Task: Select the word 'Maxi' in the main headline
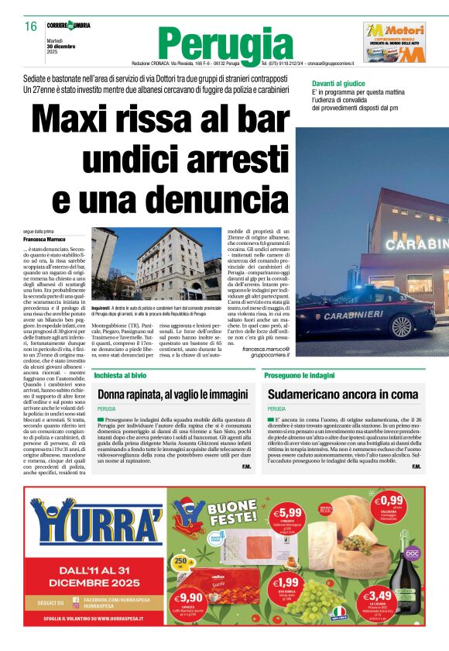(x=83, y=121)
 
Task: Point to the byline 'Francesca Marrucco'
(x=45, y=239)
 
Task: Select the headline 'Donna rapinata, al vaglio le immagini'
(x=172, y=394)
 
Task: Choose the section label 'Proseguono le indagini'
(x=299, y=375)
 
